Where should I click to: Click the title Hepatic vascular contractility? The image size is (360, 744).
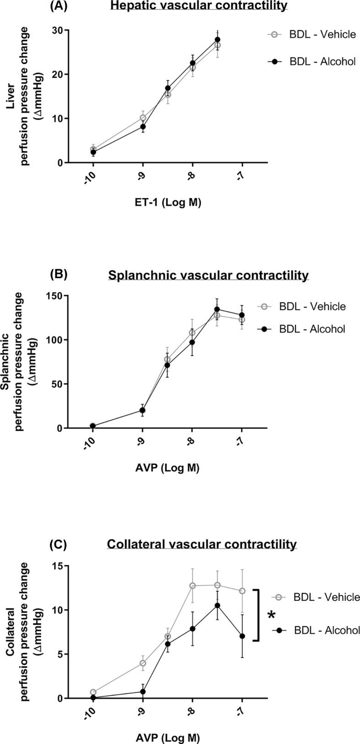pos(199,6)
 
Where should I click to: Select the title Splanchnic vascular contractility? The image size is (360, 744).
pos(208,276)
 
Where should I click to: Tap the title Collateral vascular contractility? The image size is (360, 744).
pos(202,545)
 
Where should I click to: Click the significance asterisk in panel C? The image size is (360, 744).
pos(272,616)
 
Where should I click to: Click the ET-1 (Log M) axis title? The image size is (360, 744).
pos(168,203)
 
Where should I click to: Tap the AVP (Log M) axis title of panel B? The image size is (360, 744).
pos(168,468)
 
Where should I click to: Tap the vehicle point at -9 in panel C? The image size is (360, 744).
pos(143,663)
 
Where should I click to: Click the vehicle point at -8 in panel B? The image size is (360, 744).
pos(192,332)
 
